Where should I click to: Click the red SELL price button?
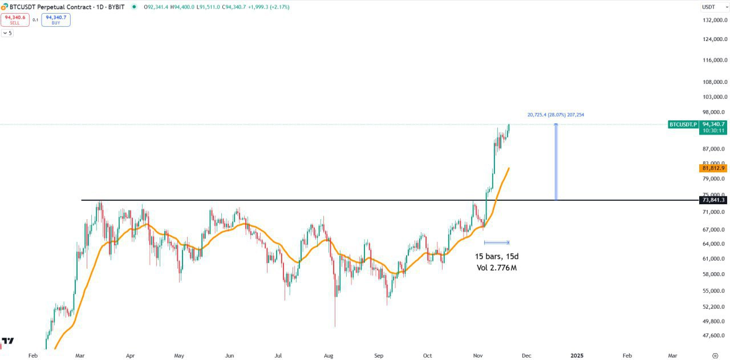point(15,20)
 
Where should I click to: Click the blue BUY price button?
point(56,20)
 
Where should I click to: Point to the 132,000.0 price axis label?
point(715,20)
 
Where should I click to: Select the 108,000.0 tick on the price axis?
point(715,82)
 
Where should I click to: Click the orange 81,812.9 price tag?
point(713,168)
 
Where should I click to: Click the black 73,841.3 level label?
point(713,200)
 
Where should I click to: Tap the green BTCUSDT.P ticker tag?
point(683,124)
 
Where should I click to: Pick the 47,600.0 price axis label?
point(715,335)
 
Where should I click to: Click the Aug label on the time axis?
point(329,355)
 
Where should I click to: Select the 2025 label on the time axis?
point(577,355)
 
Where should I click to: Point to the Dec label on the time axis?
point(526,355)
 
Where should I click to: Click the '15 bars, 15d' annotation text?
point(497,256)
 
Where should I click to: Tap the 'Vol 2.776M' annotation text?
point(497,268)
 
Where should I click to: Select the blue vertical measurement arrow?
point(556,162)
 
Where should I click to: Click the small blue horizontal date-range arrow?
point(496,242)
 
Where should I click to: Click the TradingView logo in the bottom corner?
point(7,341)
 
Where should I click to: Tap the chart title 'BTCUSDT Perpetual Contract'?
point(48,7)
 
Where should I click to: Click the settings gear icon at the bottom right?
point(715,355)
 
